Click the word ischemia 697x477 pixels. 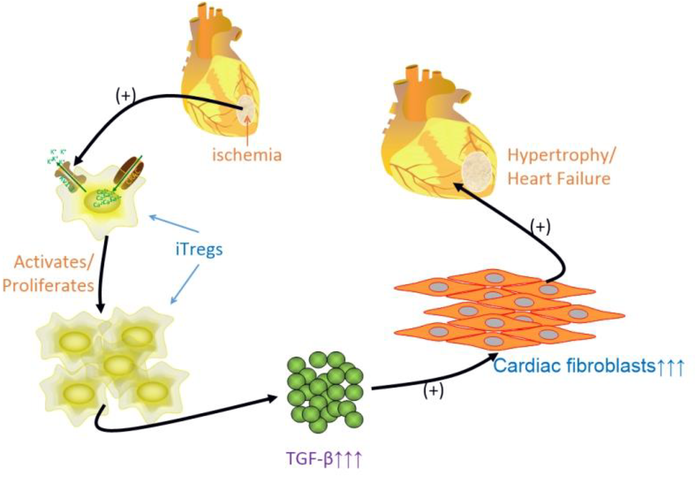click(247, 154)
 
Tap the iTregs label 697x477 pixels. click(199, 249)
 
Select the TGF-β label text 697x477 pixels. click(324, 458)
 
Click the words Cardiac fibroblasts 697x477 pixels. click(574, 365)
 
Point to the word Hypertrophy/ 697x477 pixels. click(561, 155)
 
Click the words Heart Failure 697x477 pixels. click(559, 178)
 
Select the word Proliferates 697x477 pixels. click(48, 285)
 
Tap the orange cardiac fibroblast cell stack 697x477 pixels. click(508, 309)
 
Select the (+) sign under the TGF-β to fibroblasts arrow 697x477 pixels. click(433, 391)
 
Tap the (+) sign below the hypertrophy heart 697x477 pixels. click(540, 227)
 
